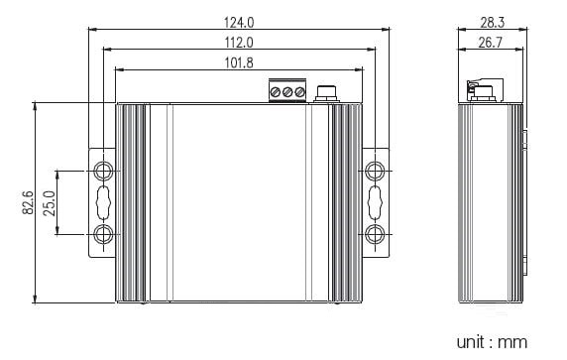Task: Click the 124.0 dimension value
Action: pos(239,23)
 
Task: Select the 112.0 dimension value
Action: pos(239,43)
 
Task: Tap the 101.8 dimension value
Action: pos(239,62)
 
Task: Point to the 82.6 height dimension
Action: pos(28,203)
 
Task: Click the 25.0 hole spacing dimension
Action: pos(50,203)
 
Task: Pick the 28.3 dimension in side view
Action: pos(492,23)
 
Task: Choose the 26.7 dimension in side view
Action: pos(491,43)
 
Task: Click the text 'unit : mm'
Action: pos(492,342)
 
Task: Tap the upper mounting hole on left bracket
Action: pos(103,171)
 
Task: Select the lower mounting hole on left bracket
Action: pos(103,234)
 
